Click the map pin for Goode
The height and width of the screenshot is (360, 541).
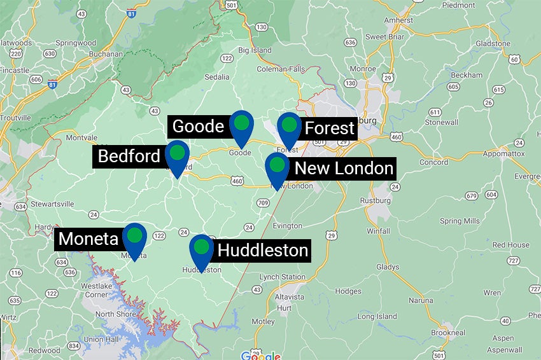pos(241,125)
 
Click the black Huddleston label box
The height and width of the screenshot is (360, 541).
pos(263,250)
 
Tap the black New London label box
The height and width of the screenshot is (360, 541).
pos(344,169)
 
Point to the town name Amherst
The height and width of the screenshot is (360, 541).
pos(398,20)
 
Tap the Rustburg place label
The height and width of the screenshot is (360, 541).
pos(375,200)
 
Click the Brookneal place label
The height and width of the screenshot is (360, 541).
pos(448,332)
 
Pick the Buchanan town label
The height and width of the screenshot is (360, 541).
pos(106,54)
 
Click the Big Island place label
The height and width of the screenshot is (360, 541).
pos(255,50)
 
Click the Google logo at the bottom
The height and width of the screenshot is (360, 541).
pos(261,356)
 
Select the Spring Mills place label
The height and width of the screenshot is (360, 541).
pos(460,221)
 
